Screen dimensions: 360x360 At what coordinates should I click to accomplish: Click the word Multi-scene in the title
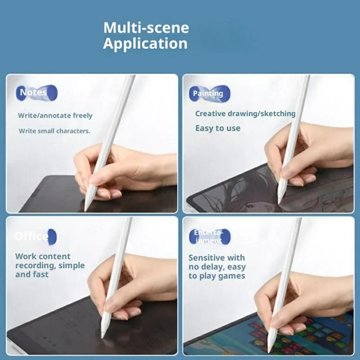(x=146, y=27)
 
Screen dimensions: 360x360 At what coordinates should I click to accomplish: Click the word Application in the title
(x=145, y=44)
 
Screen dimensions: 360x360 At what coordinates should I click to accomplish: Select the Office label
(x=32, y=236)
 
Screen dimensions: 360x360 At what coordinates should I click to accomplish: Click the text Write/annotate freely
(x=55, y=116)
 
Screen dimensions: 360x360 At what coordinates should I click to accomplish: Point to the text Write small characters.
(x=54, y=131)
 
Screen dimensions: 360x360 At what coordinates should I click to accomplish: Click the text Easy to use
(x=218, y=128)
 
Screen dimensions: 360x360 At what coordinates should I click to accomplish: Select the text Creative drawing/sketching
(x=245, y=113)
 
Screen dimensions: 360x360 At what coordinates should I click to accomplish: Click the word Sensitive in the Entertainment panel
(x=206, y=258)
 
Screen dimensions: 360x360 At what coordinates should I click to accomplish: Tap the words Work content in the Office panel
(x=43, y=256)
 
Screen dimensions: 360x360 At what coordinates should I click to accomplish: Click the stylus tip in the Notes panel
(x=86, y=208)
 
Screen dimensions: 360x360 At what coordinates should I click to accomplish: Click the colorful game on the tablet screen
(x=310, y=335)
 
